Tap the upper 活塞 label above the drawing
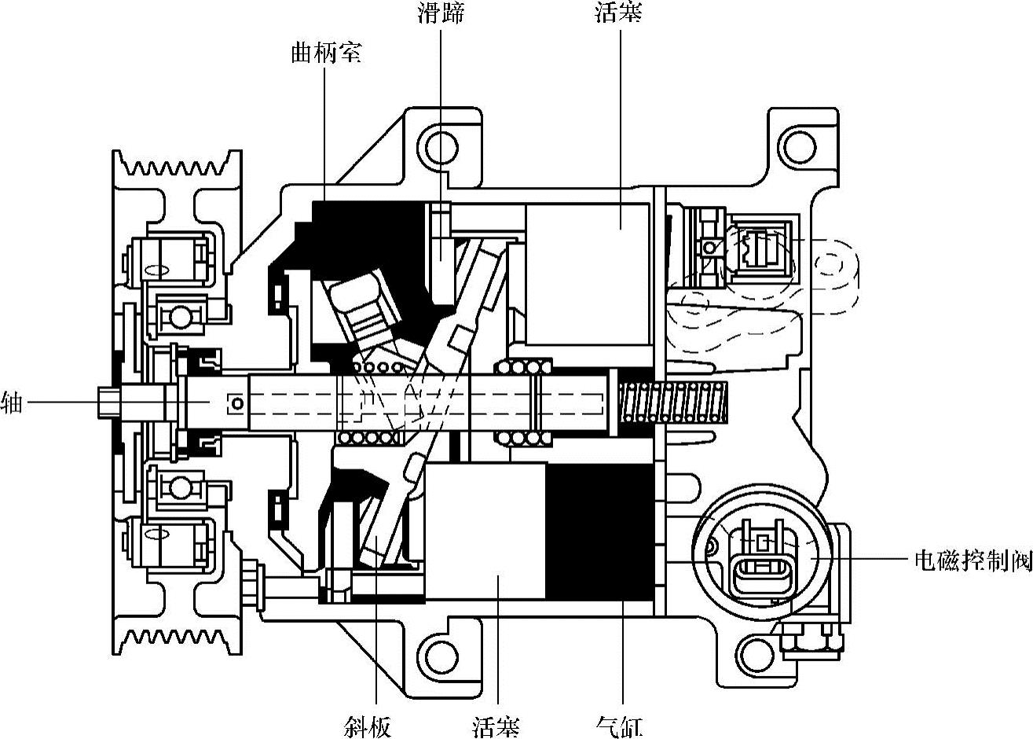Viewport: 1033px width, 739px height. pyautogui.click(x=619, y=13)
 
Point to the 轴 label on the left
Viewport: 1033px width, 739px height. pyautogui.click(x=12, y=402)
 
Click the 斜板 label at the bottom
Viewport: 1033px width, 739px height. pyautogui.click(x=368, y=726)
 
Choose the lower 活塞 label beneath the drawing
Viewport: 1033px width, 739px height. pyautogui.click(x=496, y=726)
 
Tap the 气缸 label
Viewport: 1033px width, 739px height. pyautogui.click(x=619, y=726)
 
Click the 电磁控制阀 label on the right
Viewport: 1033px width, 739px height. pyautogui.click(x=973, y=561)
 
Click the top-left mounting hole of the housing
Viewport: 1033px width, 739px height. pyautogui.click(x=441, y=148)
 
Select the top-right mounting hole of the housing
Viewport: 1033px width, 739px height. pyautogui.click(x=799, y=148)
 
